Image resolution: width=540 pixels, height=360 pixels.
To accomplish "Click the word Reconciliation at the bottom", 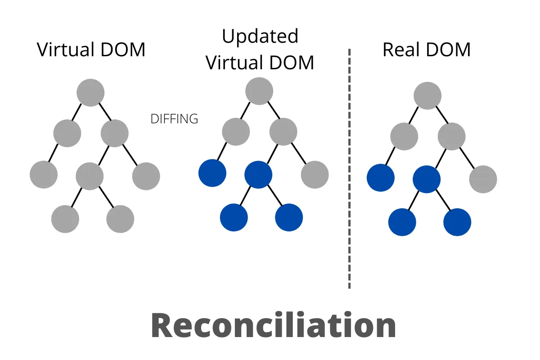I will coord(273,325).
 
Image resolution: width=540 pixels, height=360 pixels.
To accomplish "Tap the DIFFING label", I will coord(174,119).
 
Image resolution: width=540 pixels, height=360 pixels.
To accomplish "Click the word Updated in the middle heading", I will coord(260,36).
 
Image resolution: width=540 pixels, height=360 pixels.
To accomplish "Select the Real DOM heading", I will coord(426,49).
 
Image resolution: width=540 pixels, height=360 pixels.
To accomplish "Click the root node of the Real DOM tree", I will coord(427,95).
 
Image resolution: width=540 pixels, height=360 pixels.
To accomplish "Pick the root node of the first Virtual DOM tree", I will coord(90,92).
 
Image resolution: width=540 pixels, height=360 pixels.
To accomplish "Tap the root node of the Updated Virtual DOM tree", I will coord(259,91).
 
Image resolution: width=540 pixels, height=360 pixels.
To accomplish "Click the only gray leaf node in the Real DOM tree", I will coord(483,179).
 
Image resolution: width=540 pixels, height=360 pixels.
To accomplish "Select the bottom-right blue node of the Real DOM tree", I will coord(457,222).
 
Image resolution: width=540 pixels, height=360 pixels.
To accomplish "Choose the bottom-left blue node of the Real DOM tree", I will coord(402,222).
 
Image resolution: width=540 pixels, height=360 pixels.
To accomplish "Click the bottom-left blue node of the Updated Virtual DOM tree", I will coord(234,217).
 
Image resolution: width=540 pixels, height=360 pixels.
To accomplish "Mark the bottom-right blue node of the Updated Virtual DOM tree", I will coord(289,217).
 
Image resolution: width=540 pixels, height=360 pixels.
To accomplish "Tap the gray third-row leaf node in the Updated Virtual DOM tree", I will coord(315,175).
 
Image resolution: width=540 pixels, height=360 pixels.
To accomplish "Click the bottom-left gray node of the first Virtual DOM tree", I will coord(65,219).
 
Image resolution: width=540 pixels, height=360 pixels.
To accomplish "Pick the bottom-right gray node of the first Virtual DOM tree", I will coord(120,219).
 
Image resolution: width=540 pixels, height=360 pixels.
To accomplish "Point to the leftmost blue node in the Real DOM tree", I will coord(381,178).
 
